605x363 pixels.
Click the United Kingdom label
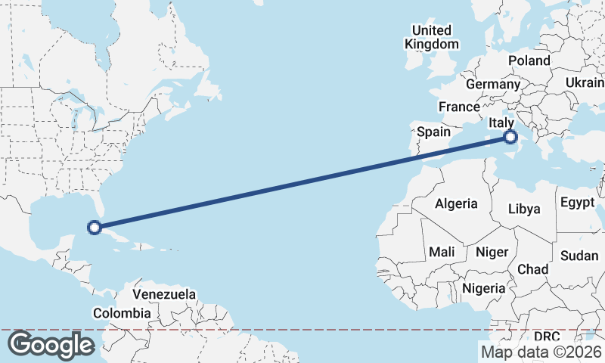tap(431, 37)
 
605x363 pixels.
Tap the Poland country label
tap(529, 60)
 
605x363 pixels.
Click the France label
tap(459, 107)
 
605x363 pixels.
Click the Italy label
tap(501, 123)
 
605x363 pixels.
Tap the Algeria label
tap(456, 203)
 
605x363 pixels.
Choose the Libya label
tap(525, 208)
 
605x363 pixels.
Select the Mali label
tap(442, 251)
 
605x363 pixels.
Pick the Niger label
tap(492, 251)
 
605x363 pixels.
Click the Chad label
tap(532, 269)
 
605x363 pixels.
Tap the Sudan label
tap(579, 256)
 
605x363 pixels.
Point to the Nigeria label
tap(483, 288)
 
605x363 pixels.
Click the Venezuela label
tap(164, 293)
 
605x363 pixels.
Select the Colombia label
tap(121, 312)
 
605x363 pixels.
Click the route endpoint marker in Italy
tap(510, 137)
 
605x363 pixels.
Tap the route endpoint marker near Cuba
tap(95, 227)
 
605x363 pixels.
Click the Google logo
tap(51, 345)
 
